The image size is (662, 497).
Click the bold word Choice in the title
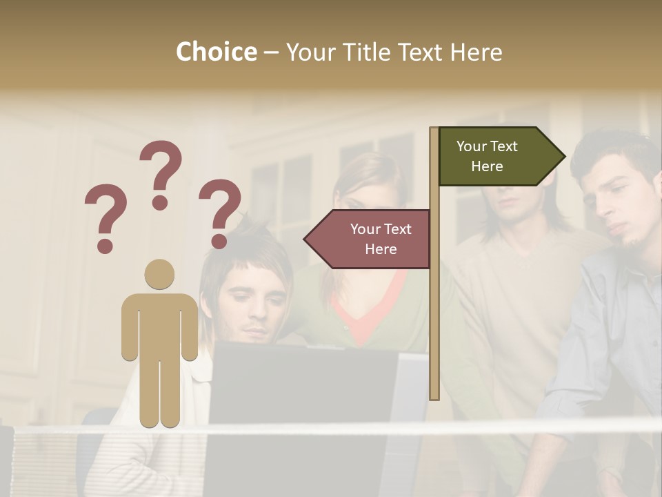tap(216, 52)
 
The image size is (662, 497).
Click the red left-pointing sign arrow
tap(369, 239)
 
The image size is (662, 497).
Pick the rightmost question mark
tap(220, 213)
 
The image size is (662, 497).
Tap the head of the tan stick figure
tap(159, 274)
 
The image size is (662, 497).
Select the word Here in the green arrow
tap(487, 166)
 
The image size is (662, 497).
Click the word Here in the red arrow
tap(381, 249)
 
